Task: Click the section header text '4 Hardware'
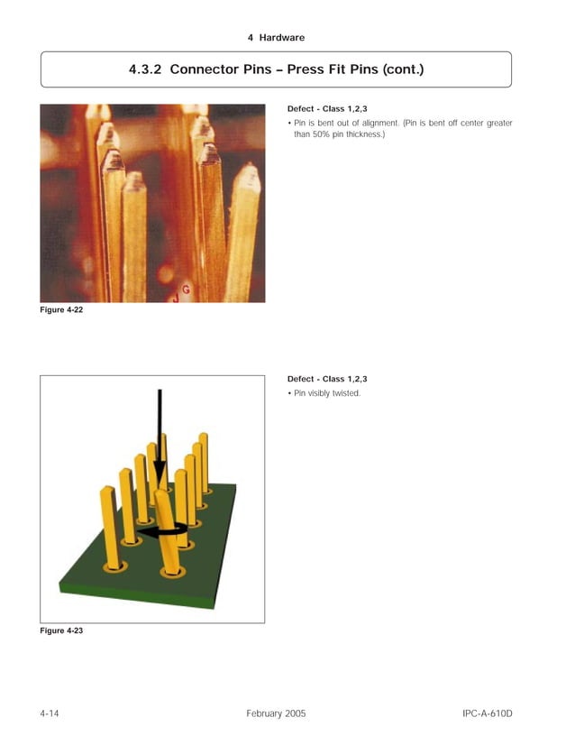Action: (275, 38)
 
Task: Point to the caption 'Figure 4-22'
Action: (62, 311)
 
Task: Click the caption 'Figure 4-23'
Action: (62, 630)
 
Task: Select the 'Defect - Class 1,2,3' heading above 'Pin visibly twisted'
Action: (326, 379)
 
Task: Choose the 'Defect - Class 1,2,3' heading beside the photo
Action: (326, 108)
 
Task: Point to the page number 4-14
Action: (50, 713)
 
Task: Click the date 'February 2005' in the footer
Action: (276, 713)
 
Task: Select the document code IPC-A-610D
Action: (487, 713)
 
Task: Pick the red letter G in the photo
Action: (185, 289)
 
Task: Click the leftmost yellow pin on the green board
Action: (109, 528)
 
